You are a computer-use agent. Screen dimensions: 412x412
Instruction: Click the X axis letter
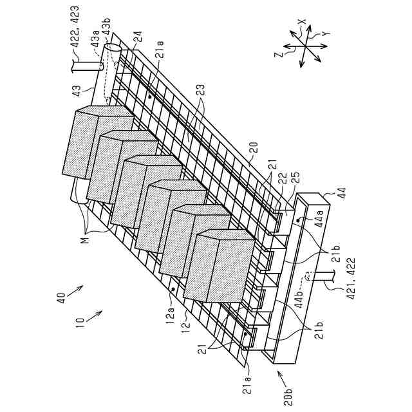[x=301, y=22]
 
